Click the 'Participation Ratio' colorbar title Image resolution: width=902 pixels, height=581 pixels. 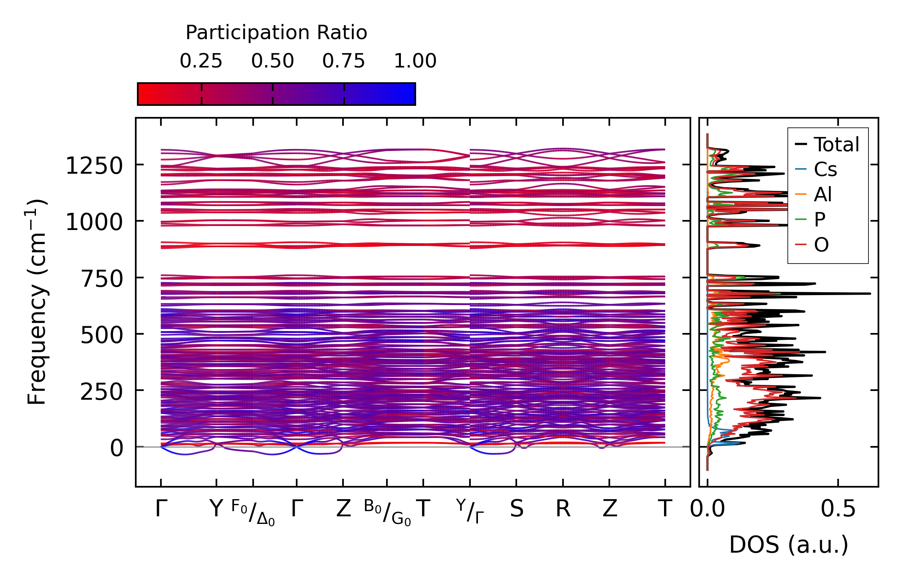276,33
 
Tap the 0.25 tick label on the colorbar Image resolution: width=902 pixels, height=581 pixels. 201,61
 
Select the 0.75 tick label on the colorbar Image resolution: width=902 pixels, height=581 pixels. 343,61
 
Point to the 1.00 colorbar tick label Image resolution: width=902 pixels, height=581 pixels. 415,61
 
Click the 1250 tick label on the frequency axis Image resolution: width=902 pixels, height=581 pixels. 94,166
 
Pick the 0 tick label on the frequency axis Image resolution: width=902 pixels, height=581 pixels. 117,448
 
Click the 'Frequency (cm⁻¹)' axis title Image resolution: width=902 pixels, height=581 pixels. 37,302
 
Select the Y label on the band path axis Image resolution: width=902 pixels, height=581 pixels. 216,509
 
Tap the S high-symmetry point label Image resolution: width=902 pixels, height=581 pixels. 516,509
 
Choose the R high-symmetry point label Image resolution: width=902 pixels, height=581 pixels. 563,509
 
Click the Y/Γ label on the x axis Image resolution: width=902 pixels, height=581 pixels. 470,511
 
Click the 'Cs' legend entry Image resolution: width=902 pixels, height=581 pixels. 825,170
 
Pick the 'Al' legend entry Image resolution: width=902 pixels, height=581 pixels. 823,195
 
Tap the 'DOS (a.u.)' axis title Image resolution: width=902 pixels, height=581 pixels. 789,545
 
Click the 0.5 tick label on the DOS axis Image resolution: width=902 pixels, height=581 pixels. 838,510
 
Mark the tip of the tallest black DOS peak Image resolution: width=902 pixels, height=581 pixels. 870,293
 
